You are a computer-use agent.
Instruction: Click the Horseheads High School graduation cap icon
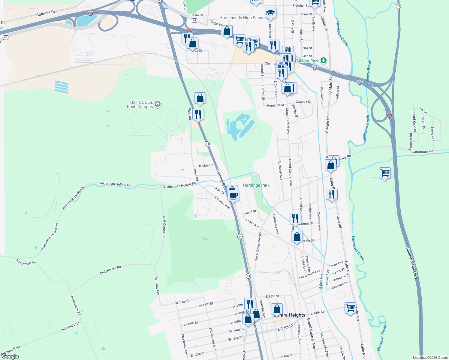270,13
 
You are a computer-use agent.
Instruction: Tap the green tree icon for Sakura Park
323,61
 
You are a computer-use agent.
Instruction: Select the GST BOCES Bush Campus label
140,104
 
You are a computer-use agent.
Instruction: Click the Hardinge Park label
256,185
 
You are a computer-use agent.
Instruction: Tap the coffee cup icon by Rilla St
234,196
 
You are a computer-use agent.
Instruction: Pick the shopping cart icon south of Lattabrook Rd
385,173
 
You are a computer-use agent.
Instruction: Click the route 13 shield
398,6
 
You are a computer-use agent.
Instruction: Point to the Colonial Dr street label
46,13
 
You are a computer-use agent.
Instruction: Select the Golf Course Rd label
164,227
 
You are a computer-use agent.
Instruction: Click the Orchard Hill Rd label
110,270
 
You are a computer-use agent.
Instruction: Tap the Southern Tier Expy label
411,263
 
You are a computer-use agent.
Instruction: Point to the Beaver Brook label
368,71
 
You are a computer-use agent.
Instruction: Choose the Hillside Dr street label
205,166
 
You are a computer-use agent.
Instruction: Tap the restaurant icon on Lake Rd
332,194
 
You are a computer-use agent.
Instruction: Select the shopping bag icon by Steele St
297,237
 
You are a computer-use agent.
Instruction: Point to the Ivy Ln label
423,110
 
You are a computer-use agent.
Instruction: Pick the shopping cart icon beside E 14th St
350,308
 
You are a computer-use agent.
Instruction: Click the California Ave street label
276,224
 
